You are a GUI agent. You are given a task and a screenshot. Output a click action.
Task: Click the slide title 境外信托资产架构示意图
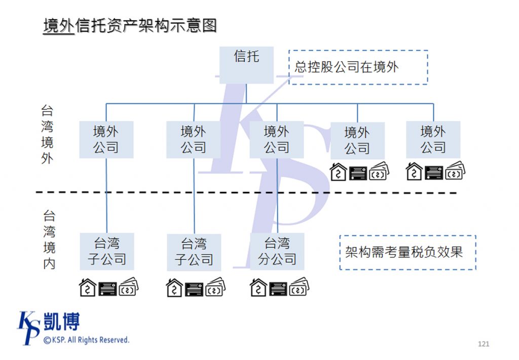pos(130,25)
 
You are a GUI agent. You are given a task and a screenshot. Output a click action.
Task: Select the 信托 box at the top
pos(246,64)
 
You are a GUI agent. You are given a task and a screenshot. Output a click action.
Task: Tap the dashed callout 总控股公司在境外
pos(358,67)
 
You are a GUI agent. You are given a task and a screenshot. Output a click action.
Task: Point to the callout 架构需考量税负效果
pos(407,252)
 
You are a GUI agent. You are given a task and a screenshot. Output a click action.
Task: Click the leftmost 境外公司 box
pos(106,139)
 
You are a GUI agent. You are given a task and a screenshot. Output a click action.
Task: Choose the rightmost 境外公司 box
pos(433,139)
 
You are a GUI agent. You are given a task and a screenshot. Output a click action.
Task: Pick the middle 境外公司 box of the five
pos(277,139)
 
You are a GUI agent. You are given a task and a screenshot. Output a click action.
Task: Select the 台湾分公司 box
pos(277,251)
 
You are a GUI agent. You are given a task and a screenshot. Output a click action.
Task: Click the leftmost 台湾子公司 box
pos(106,251)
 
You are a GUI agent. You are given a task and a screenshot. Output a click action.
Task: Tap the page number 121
pos(484,344)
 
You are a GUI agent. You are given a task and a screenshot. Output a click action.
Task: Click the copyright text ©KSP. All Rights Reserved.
pos(86,340)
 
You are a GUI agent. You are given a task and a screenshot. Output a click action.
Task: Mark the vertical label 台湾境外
pos(47,134)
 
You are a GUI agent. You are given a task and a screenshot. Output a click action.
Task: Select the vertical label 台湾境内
pos(49,240)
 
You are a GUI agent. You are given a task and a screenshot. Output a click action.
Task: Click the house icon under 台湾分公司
pos(258,287)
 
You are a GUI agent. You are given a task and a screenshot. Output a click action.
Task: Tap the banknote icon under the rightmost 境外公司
pos(455,171)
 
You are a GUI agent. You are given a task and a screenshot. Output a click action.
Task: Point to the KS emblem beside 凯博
pos(29,327)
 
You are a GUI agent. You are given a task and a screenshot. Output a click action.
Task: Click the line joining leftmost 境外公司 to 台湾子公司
pos(106,195)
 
